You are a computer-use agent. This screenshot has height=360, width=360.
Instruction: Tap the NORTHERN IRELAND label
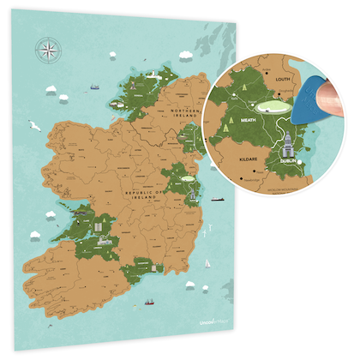tap(183, 115)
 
